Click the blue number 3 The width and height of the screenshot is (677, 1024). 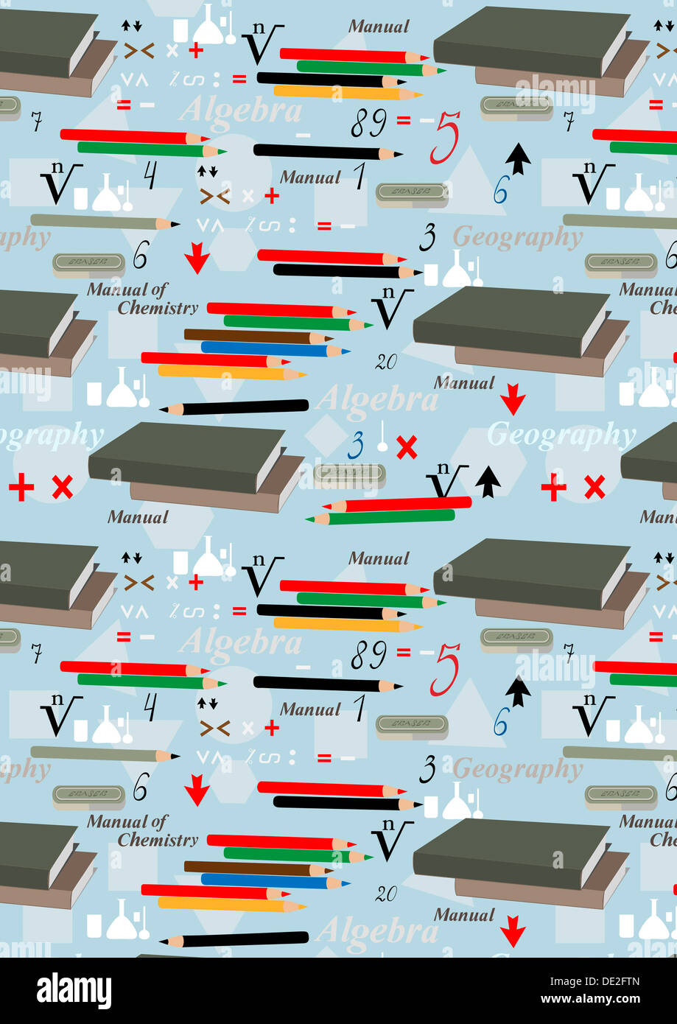point(357,446)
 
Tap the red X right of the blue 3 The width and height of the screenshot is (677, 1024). point(407,447)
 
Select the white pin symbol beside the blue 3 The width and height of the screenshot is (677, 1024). point(382,438)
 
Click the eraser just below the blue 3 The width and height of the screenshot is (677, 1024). point(349,475)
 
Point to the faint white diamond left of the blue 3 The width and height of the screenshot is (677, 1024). point(324,434)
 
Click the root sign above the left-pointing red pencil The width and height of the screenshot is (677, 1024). point(446,483)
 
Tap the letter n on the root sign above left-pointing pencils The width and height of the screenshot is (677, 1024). point(442,469)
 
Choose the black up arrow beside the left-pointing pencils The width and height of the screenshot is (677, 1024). point(488,482)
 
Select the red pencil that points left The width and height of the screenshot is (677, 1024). point(398,505)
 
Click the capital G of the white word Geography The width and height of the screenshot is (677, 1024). point(500,435)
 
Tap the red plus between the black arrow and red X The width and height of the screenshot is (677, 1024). point(553,487)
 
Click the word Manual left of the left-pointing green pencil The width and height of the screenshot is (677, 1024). point(138,517)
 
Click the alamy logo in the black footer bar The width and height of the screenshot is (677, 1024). point(74,991)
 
